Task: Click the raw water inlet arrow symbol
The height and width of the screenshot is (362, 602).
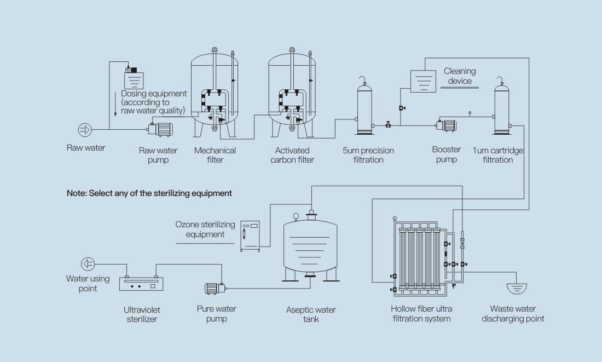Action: pyautogui.click(x=85, y=130)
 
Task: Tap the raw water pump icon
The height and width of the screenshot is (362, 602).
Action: pyautogui.click(x=160, y=129)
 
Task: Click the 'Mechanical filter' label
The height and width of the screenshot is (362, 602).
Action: pyautogui.click(x=215, y=155)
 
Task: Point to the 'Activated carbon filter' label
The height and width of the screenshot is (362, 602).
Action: pyautogui.click(x=292, y=155)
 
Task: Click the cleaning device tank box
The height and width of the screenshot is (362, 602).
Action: pyautogui.click(x=423, y=80)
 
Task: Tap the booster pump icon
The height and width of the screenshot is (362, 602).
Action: pyautogui.click(x=446, y=125)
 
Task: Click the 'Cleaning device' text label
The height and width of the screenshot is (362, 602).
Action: pyautogui.click(x=460, y=76)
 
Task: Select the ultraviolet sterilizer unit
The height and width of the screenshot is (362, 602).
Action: pyautogui.click(x=141, y=283)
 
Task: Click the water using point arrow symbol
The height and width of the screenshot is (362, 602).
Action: pyautogui.click(x=87, y=264)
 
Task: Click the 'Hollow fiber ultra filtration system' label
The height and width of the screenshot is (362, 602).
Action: pyautogui.click(x=421, y=314)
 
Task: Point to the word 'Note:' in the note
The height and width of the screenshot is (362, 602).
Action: pyautogui.click(x=77, y=193)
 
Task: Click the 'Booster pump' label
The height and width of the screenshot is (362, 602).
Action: pyautogui.click(x=447, y=154)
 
